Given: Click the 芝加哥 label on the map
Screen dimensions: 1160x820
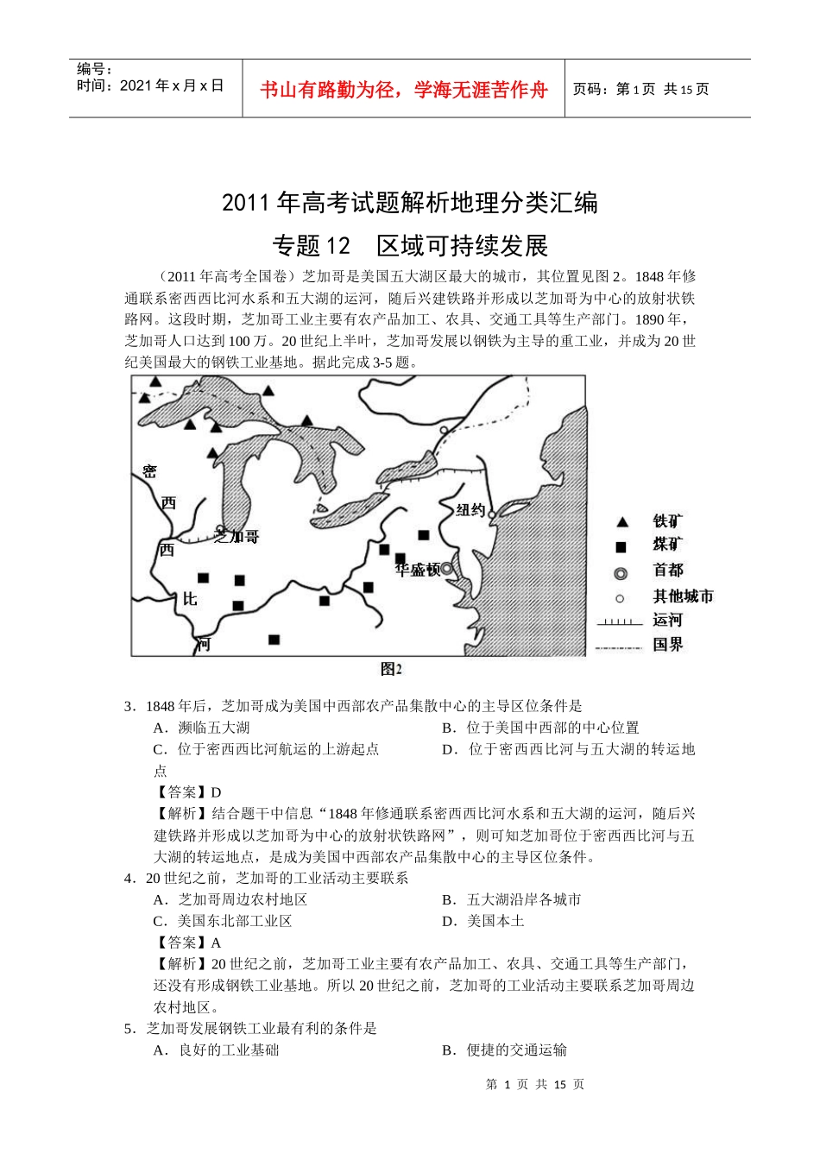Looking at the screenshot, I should [x=238, y=537].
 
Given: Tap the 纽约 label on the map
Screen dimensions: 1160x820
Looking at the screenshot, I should [x=470, y=510].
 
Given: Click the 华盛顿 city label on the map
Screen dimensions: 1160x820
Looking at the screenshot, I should [x=418, y=570].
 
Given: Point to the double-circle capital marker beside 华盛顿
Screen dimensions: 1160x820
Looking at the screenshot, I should [x=447, y=569].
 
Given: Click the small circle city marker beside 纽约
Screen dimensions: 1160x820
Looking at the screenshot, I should [x=491, y=514].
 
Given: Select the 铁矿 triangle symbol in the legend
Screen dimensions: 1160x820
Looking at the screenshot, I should [x=621, y=522].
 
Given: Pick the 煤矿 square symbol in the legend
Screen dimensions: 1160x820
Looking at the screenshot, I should [x=621, y=547].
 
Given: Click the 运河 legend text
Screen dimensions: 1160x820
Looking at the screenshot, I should [x=667, y=620].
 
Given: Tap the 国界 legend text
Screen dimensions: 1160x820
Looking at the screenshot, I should [x=667, y=644].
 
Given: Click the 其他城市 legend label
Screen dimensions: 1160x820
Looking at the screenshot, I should [x=683, y=596].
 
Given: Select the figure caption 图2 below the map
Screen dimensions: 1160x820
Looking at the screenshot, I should [x=391, y=670].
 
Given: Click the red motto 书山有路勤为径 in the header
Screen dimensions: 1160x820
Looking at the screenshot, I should [x=403, y=90].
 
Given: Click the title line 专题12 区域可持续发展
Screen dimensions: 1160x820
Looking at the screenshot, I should [x=410, y=246].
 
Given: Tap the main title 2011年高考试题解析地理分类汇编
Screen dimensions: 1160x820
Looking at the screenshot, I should [x=410, y=203].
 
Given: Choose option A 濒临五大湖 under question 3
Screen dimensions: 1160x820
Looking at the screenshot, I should [x=202, y=728].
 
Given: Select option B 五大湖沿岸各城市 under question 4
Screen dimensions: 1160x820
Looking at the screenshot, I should [x=511, y=899].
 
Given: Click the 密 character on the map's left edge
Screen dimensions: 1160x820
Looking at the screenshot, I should [x=150, y=472].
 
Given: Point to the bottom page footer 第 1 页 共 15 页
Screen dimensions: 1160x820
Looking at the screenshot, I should [x=535, y=1084].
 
